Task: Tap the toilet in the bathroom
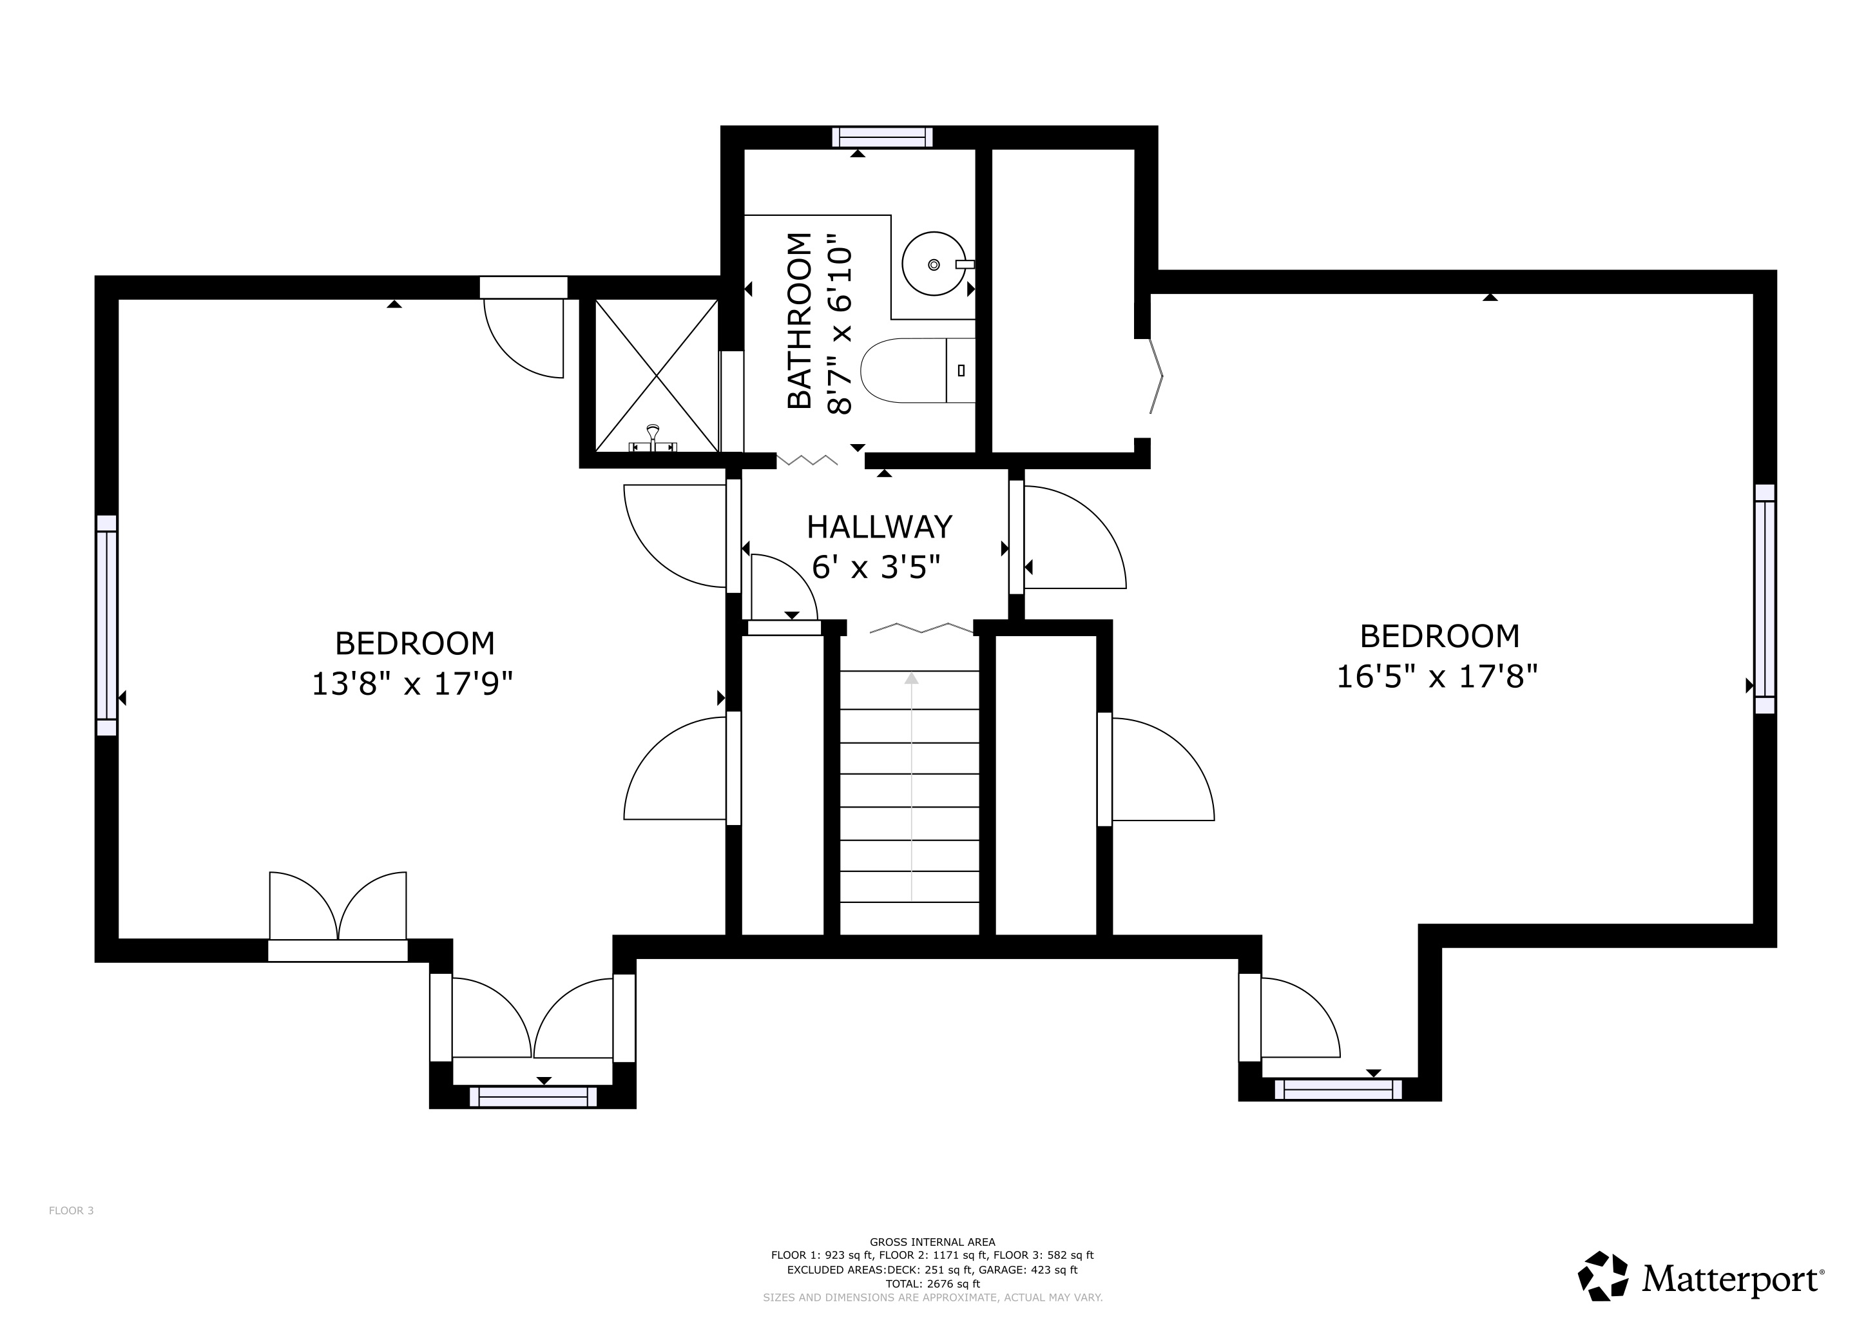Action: click(x=918, y=371)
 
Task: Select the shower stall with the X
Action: click(x=657, y=376)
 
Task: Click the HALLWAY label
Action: click(x=880, y=527)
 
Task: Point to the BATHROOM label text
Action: click(x=800, y=320)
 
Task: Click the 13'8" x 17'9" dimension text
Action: click(x=413, y=684)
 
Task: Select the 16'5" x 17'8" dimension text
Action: click(x=1438, y=676)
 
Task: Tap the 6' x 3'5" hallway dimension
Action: click(x=877, y=567)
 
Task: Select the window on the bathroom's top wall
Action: click(x=882, y=137)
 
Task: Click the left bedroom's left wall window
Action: click(x=106, y=625)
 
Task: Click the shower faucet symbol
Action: click(x=653, y=439)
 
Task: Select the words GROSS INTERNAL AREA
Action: click(x=932, y=1242)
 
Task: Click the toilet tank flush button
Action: click(x=961, y=371)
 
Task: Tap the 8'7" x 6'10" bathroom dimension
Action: click(x=840, y=324)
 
